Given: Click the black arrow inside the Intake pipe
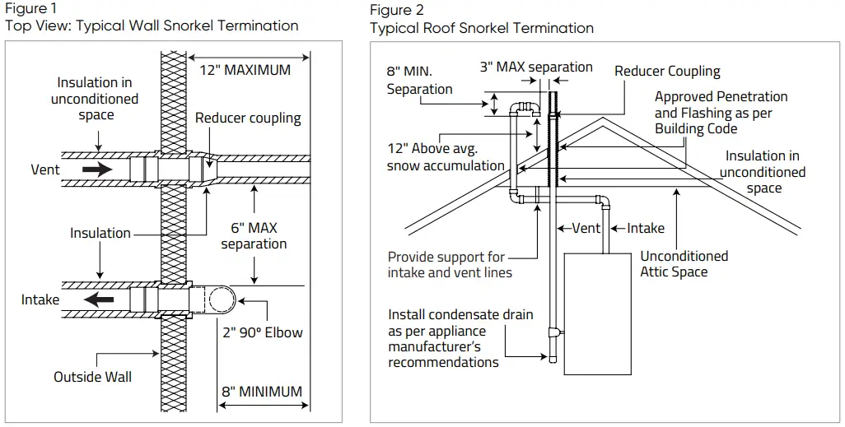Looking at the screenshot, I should coord(100,299).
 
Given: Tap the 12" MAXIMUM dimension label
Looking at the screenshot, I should coord(245,70).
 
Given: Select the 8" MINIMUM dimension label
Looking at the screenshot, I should coord(261,392).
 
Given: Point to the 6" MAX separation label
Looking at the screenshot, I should coord(254,235).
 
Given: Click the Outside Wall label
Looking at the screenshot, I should coord(92,377).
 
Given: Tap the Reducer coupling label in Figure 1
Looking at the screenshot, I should coord(248,118).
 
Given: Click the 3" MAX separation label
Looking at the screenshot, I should coord(536,67).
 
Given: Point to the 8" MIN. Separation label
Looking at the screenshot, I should coord(419,80).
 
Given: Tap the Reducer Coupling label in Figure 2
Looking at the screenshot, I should coord(667,72).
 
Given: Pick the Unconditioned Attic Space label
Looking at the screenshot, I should coord(684,263).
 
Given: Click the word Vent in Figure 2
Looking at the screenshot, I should coord(586,228).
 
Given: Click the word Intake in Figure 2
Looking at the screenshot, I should coord(646,228).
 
